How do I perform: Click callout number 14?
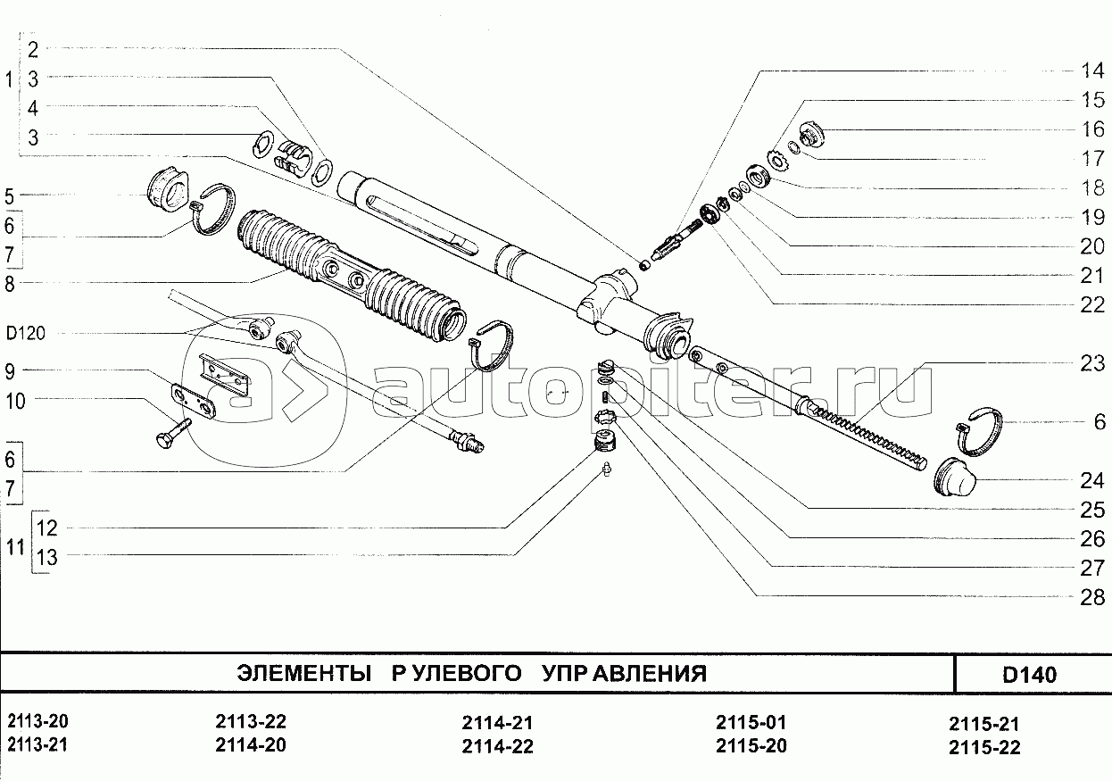click(x=1092, y=71)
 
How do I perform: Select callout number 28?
click(x=1092, y=597)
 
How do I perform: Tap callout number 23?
click(x=1092, y=363)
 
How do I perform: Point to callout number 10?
click(x=15, y=401)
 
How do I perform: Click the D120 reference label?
click(x=25, y=333)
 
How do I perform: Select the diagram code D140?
click(x=1029, y=675)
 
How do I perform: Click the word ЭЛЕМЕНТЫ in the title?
click(x=303, y=674)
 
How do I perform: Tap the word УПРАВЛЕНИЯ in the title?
click(x=624, y=674)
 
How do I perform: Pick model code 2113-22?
click(x=251, y=721)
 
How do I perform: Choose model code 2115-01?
click(x=751, y=722)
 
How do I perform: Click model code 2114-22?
click(x=497, y=746)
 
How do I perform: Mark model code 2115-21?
click(x=983, y=724)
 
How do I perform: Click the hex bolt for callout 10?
click(x=173, y=434)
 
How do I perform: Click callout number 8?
click(x=10, y=285)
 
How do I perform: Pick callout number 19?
click(x=1092, y=217)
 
